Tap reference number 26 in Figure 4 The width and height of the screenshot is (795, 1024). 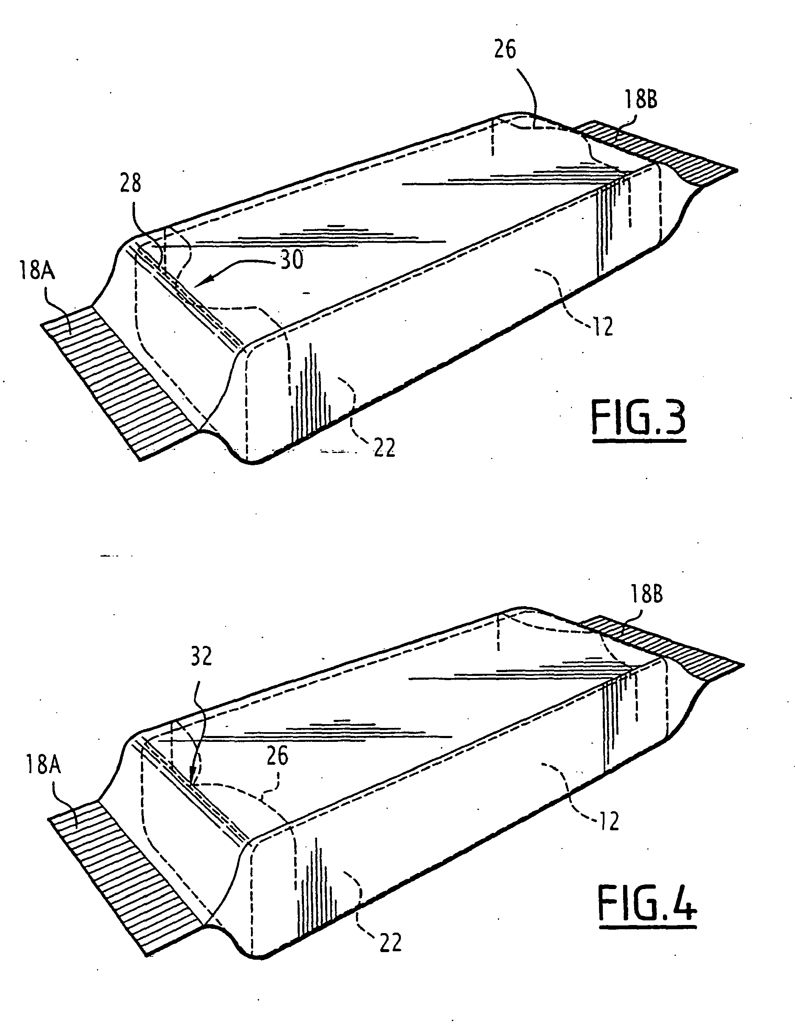point(277,756)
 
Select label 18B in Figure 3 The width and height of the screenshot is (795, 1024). point(640,100)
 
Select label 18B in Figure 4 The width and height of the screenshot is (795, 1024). point(646,595)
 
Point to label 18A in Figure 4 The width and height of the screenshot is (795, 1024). point(43,766)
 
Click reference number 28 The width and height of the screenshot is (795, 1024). point(130,183)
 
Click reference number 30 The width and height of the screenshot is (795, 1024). point(292,260)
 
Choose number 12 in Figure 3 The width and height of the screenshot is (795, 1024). point(603,327)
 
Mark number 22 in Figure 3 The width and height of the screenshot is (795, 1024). point(384,448)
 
